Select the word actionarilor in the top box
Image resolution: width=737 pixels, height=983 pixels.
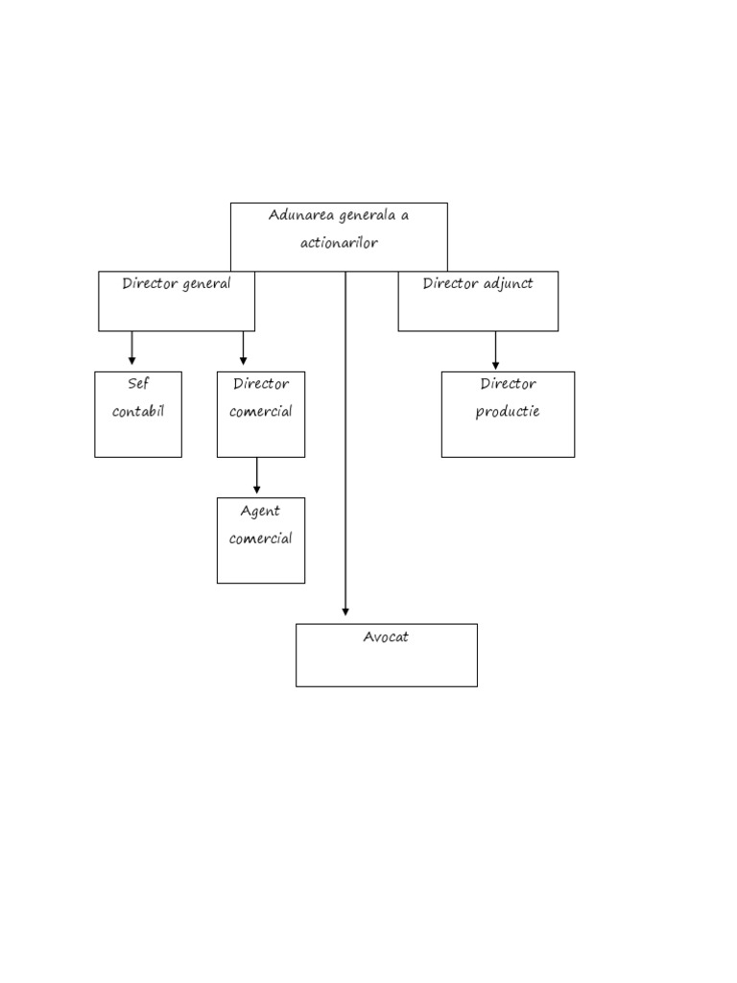click(339, 243)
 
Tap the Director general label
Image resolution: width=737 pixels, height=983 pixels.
click(177, 284)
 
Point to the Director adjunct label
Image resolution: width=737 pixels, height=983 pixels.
click(478, 284)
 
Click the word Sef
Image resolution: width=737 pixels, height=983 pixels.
click(138, 384)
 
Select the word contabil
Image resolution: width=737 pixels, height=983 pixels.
click(138, 412)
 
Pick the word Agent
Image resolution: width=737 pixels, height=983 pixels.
click(260, 512)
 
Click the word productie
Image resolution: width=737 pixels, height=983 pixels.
click(508, 412)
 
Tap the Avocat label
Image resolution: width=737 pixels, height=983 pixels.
click(386, 636)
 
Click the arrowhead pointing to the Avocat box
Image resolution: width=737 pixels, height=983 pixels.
click(345, 611)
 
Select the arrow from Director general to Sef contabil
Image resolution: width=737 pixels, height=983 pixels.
click(132, 348)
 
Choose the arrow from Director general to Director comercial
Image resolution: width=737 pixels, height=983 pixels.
click(244, 348)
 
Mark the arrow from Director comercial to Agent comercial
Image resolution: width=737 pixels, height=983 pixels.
click(256, 476)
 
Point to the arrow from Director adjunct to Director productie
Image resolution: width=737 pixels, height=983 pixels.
click(495, 350)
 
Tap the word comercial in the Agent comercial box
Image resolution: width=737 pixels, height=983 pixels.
click(261, 539)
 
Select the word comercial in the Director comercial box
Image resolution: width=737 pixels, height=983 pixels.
click(261, 412)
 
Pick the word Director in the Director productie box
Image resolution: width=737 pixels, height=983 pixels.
click(509, 384)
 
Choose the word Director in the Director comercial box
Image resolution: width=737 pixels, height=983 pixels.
click(261, 384)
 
